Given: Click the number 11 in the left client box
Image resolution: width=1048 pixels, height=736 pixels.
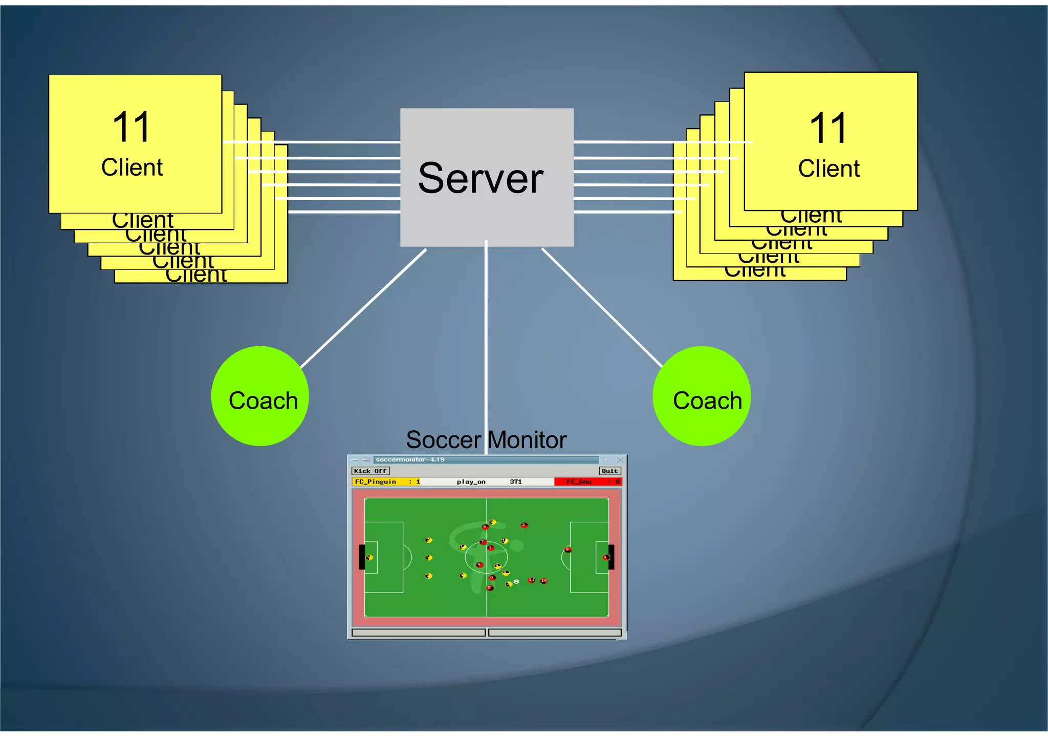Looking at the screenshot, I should pos(132,127).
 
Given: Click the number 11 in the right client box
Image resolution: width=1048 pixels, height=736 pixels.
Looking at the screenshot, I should pos(828,128).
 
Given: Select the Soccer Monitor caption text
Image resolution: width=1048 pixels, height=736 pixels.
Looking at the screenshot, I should pos(486,440).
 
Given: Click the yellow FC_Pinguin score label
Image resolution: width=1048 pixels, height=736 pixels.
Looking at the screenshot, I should pos(376,482).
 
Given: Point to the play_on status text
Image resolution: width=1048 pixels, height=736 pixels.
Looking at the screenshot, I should pos(471,482).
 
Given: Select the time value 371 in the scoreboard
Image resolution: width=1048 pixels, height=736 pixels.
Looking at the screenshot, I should pos(516,482).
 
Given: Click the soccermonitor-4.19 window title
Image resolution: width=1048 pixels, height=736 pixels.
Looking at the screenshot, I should pos(409,460).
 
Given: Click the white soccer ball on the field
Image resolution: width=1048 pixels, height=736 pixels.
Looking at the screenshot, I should pos(516,581).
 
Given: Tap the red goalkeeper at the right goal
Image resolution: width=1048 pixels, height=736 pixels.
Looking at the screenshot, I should pos(606,557).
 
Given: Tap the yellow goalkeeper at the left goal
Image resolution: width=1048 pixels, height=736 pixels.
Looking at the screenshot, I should pos(369,557).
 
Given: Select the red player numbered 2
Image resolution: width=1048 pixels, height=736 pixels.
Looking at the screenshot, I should pos(524,525).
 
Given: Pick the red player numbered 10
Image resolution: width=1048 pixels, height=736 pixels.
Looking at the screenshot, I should pos(544,581).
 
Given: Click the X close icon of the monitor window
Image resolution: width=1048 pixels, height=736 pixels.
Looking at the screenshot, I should pos(620,460).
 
